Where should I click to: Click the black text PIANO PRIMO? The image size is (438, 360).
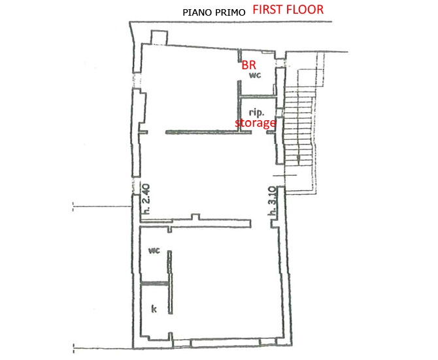pyautogui.click(x=214, y=12)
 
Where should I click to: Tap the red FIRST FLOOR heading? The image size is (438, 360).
pyautogui.click(x=288, y=10)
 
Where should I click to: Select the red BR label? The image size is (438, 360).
pyautogui.click(x=248, y=65)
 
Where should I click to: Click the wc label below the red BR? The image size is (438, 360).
pyautogui.click(x=255, y=74)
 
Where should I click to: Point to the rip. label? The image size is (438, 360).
pyautogui.click(x=256, y=112)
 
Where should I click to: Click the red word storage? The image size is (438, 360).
pyautogui.click(x=256, y=123)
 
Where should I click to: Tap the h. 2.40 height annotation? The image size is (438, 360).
pyautogui.click(x=146, y=199)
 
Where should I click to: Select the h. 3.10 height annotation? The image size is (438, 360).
pyautogui.click(x=273, y=201)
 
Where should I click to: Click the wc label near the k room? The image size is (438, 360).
pyautogui.click(x=154, y=250)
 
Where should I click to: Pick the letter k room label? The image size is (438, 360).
pyautogui.click(x=154, y=309)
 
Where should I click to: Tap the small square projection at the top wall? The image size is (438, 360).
pyautogui.click(x=159, y=37)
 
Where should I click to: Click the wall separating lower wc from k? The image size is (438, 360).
pyautogui.click(x=154, y=284)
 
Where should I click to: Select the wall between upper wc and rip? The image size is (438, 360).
pyautogui.click(x=258, y=97)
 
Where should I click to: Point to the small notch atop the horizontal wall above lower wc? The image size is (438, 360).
pyautogui.click(x=195, y=216)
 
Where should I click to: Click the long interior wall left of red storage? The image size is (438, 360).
pyautogui.click(x=209, y=132)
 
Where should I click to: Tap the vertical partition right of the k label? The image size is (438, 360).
pyautogui.click(x=170, y=282)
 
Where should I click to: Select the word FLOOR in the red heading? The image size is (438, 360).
pyautogui.click(x=305, y=10)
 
